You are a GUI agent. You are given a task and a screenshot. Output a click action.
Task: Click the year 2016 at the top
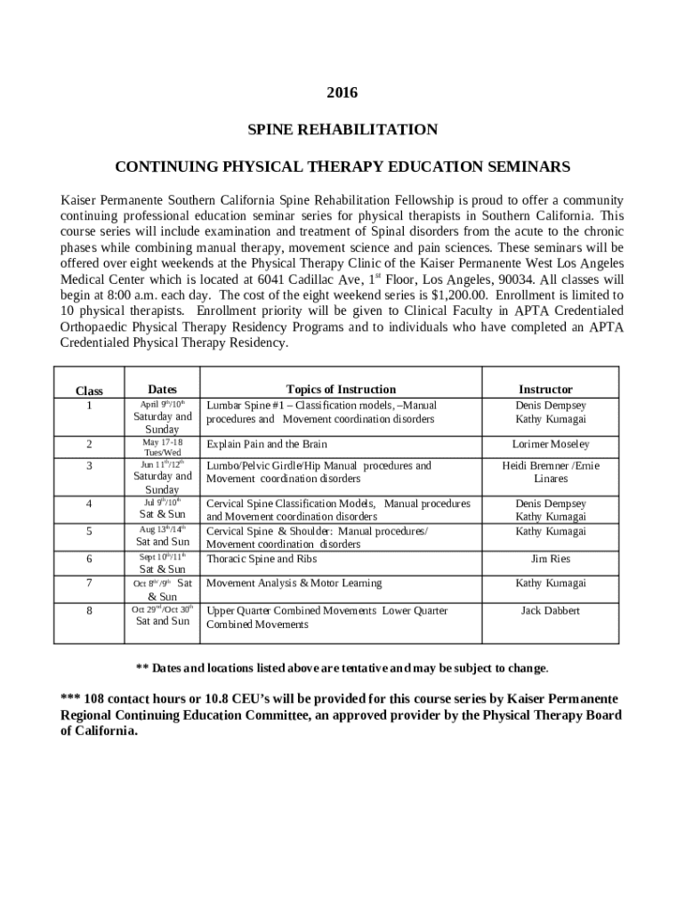(342, 92)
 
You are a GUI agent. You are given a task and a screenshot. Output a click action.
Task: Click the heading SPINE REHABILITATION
(342, 130)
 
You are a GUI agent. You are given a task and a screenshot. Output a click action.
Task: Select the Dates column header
(162, 389)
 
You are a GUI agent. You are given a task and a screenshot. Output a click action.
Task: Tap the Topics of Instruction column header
(341, 389)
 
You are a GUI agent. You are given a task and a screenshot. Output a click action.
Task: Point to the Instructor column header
(545, 389)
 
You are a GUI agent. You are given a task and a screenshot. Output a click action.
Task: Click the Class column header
(89, 391)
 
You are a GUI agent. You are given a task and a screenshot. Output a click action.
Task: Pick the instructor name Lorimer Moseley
(550, 444)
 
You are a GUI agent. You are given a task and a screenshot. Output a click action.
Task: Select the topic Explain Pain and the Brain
(267, 444)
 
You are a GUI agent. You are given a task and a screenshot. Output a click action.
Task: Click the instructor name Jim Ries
(551, 559)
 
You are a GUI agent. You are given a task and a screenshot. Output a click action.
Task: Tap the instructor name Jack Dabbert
(550, 610)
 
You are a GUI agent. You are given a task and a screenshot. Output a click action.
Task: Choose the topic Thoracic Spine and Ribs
(262, 559)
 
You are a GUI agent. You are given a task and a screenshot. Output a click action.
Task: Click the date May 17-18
(162, 441)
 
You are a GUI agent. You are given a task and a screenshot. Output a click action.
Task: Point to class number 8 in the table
(89, 611)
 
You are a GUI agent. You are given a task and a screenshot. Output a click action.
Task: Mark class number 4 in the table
(89, 504)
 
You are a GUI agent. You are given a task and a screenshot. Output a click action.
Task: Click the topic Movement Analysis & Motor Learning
(294, 583)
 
